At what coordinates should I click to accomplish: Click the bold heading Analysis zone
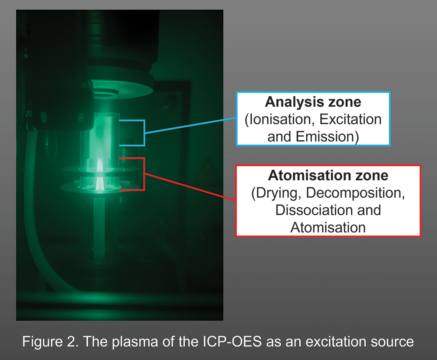(x=313, y=102)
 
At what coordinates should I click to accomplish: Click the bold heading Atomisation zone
(x=328, y=175)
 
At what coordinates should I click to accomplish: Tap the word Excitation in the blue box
(x=350, y=119)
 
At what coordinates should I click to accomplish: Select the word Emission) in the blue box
(x=327, y=137)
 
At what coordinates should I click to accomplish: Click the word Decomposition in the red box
(x=355, y=193)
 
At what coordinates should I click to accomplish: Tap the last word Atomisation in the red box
(x=328, y=227)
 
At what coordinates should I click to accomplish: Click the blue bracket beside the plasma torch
(x=144, y=133)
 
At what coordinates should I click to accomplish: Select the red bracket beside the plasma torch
(x=144, y=174)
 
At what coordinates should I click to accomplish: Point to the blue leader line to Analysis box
(x=191, y=126)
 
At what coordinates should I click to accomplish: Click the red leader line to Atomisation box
(x=191, y=187)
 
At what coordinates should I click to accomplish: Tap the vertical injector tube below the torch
(x=99, y=229)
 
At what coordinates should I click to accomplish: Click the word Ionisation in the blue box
(x=280, y=120)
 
